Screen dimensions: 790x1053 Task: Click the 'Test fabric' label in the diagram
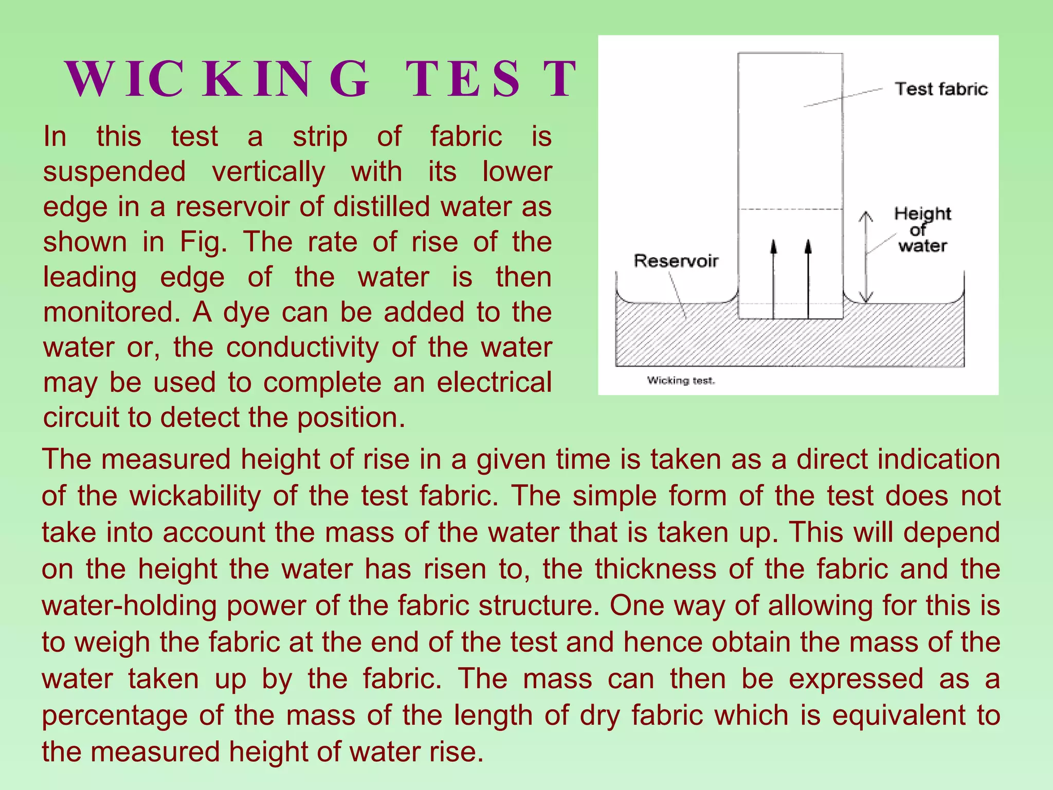coord(941,89)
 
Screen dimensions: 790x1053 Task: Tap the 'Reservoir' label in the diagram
coord(676,261)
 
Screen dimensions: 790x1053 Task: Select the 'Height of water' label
coord(922,229)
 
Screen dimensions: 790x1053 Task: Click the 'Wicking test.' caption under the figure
coord(681,381)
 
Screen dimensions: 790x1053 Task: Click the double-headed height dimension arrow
coord(866,257)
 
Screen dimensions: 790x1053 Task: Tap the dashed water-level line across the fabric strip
coord(790,209)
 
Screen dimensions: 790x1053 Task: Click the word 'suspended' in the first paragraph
coord(114,171)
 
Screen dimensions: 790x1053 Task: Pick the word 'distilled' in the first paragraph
coord(382,207)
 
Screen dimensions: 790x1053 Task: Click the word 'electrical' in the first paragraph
coord(494,382)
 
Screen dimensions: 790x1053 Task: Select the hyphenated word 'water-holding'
coord(129,605)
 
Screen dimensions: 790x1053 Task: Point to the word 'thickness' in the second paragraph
coord(656,569)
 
